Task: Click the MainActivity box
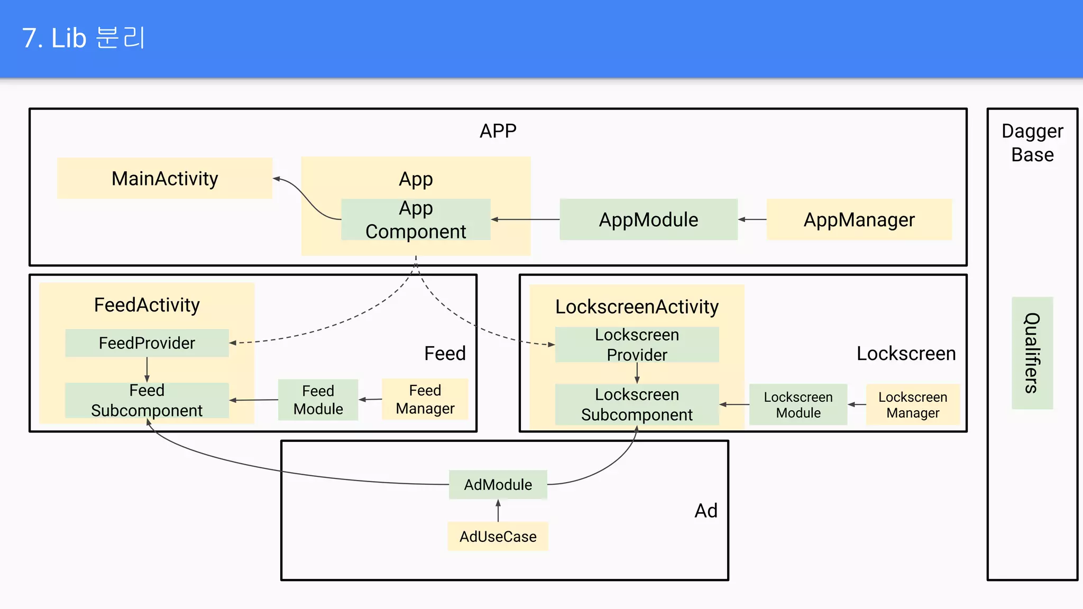(164, 179)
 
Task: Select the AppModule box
(648, 219)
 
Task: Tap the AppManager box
(859, 219)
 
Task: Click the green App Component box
(416, 220)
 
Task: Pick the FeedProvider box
(147, 343)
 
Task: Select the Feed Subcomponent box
(147, 400)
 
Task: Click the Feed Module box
(318, 400)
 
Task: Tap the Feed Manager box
(425, 399)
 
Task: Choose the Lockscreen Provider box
(637, 345)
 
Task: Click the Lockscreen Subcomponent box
(637, 404)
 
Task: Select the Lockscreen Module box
(798, 405)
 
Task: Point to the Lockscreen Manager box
(913, 405)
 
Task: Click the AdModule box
(498, 485)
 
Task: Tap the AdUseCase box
(498, 537)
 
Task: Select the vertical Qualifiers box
(1032, 353)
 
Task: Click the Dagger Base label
(1032, 143)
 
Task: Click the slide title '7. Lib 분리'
(84, 38)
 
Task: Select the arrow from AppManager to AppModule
(752, 219)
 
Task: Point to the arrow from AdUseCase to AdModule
(498, 511)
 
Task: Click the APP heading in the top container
(498, 131)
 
